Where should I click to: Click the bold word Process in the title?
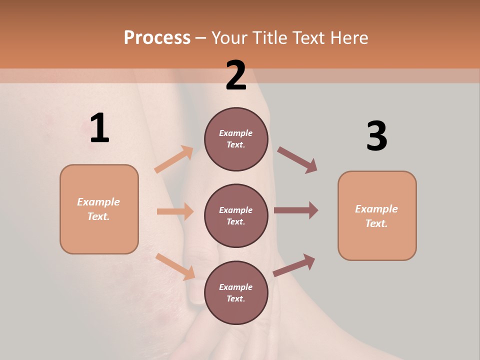point(157,37)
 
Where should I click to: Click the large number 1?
point(99,128)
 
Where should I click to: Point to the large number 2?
point(236,75)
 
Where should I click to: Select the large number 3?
point(376,136)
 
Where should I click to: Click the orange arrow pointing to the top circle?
point(174,159)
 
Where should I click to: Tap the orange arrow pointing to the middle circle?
point(175,211)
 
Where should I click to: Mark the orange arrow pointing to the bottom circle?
point(175,266)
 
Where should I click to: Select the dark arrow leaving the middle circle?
point(296,210)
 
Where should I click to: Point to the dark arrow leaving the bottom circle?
point(294,265)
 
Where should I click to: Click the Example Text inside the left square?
point(98,209)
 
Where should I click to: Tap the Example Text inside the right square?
point(376,216)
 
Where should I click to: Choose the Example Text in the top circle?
point(236,139)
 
